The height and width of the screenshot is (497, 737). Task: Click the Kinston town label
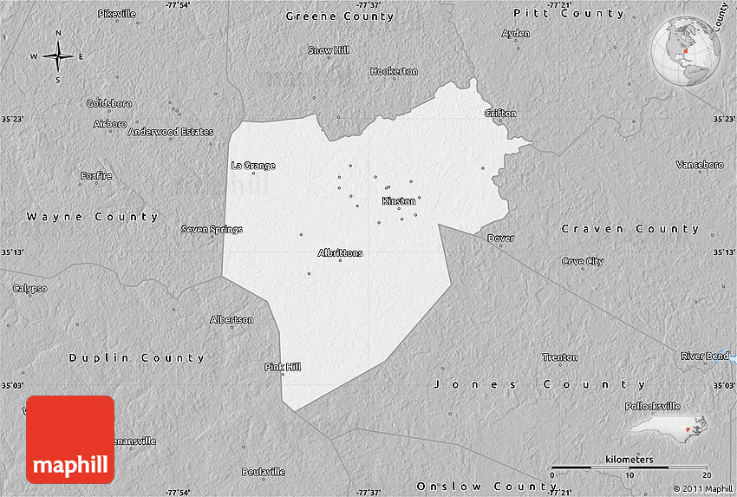[399, 201]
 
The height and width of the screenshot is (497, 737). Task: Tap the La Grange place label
[253, 166]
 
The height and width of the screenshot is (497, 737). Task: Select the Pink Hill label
[283, 367]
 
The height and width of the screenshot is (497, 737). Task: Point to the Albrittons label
[341, 253]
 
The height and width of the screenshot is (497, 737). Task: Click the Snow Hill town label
[329, 50]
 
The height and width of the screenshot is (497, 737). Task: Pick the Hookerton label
[395, 71]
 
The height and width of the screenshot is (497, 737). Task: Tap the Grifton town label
[500, 114]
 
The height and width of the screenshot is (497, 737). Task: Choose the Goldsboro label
[109, 103]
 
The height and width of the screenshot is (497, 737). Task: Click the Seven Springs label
[212, 230]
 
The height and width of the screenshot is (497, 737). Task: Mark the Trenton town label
[559, 357]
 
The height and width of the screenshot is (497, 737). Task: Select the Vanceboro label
[700, 165]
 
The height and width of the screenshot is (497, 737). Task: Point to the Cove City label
[583, 261]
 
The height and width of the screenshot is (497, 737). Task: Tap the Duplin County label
[137, 357]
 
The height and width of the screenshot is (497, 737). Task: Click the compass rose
[58, 57]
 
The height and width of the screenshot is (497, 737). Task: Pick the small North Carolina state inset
[668, 426]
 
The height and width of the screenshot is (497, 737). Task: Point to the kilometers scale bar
[630, 468]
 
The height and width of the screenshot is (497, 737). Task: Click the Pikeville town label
[117, 14]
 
